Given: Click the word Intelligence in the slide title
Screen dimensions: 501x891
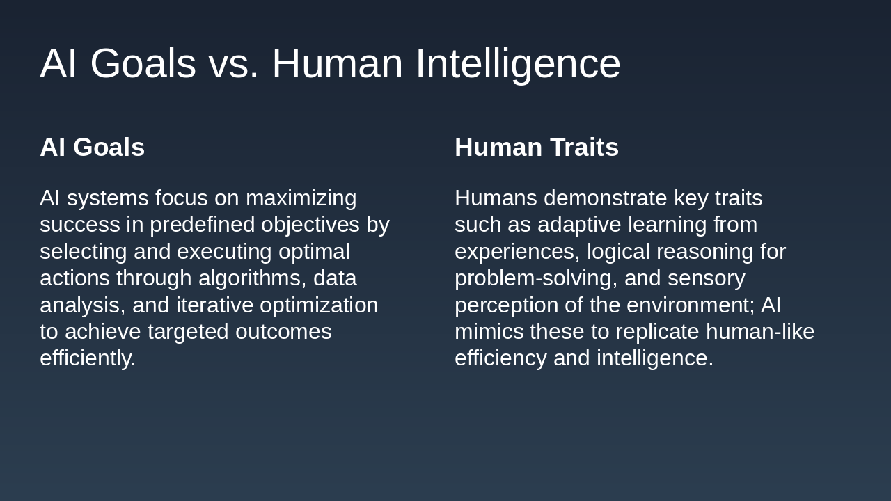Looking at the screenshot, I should (x=517, y=63).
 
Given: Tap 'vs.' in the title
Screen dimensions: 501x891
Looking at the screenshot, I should (x=233, y=63).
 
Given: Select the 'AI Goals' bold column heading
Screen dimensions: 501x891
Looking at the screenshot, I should (x=92, y=148).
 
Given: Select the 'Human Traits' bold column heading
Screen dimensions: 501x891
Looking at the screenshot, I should (x=536, y=148).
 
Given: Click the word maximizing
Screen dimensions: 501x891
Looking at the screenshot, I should (x=301, y=198).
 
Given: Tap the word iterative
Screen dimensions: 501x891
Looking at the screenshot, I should (x=214, y=305).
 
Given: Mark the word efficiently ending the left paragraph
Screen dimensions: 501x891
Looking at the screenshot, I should (x=87, y=358).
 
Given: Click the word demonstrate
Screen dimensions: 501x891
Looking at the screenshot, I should (x=605, y=198).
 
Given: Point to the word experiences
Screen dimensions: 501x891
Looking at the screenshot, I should (x=517, y=252).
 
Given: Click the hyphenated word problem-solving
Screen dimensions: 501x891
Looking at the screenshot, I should (x=535, y=278).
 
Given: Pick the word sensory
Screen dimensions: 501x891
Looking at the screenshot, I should (x=706, y=278).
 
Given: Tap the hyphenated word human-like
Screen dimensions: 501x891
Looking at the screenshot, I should (x=759, y=332).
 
